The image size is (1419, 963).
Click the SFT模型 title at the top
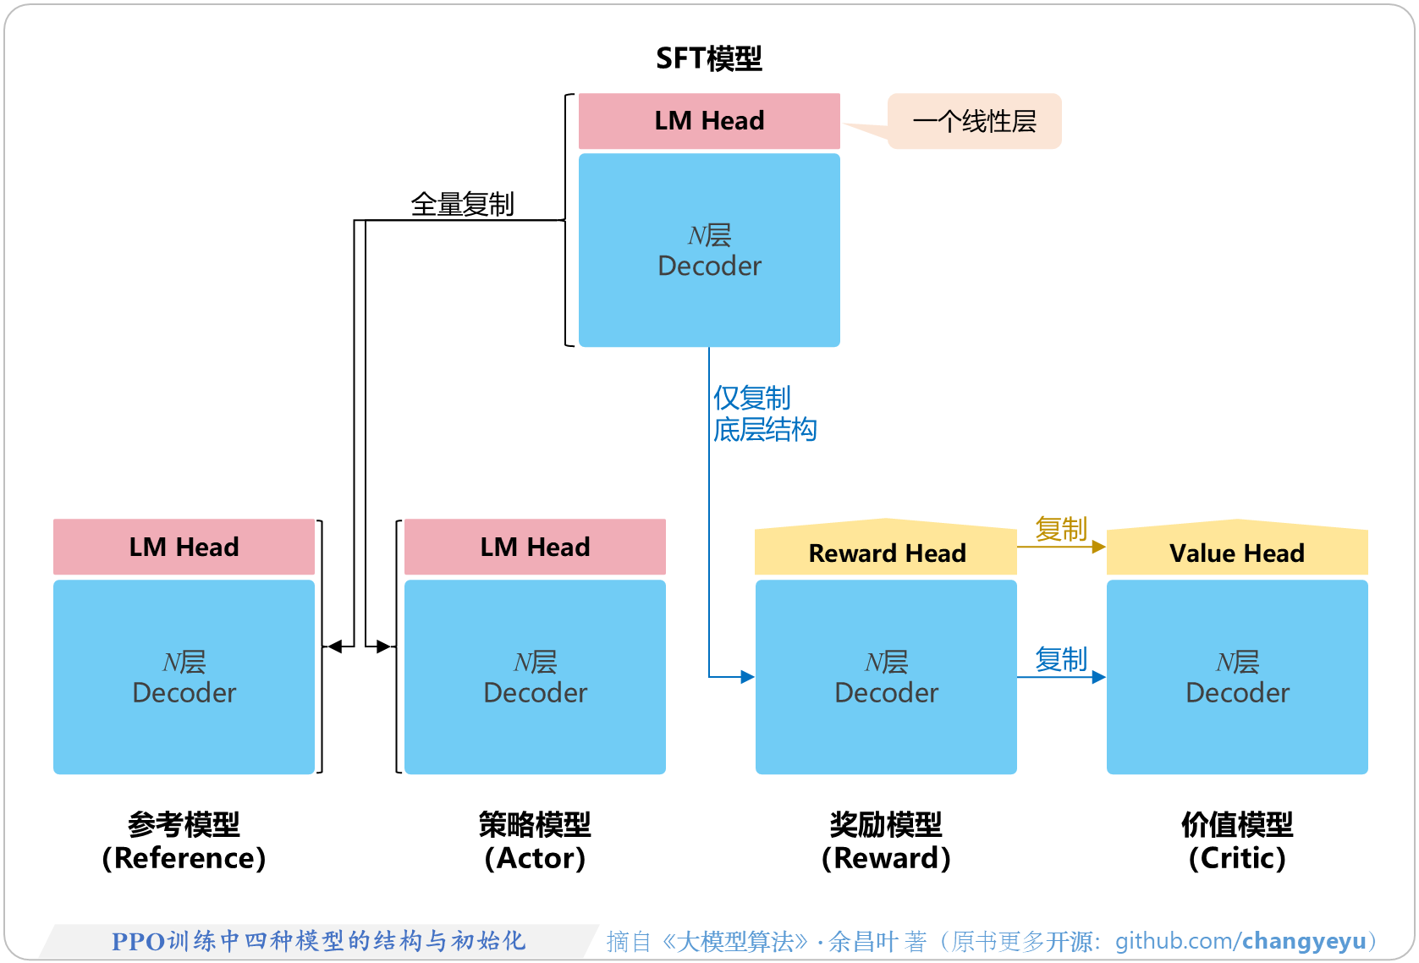coord(709,58)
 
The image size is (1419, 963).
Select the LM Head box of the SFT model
coord(709,121)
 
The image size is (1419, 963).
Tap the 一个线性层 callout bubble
coord(975,121)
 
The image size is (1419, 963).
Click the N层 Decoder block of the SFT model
coord(709,250)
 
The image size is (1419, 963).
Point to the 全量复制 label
coord(462,204)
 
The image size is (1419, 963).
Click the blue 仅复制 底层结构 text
coord(763,414)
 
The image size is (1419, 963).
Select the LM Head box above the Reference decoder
coord(184,547)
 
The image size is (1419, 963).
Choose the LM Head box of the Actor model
coord(535,547)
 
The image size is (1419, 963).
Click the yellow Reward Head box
coord(886,552)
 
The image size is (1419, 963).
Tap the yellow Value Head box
coord(1236,552)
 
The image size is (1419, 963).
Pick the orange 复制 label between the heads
coord(1060,529)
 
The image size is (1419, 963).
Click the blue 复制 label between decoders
coord(1060,658)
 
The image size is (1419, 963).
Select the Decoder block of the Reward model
coord(886,677)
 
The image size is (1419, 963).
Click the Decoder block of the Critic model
coord(1236,677)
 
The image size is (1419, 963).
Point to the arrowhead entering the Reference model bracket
coord(334,647)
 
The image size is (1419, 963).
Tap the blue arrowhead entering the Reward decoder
coord(747,677)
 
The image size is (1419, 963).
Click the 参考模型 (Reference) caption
coord(184,841)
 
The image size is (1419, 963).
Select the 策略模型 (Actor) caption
coord(535,841)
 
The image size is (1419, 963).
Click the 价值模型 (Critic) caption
coord(1236,841)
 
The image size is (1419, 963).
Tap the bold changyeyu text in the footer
coord(1303,941)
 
